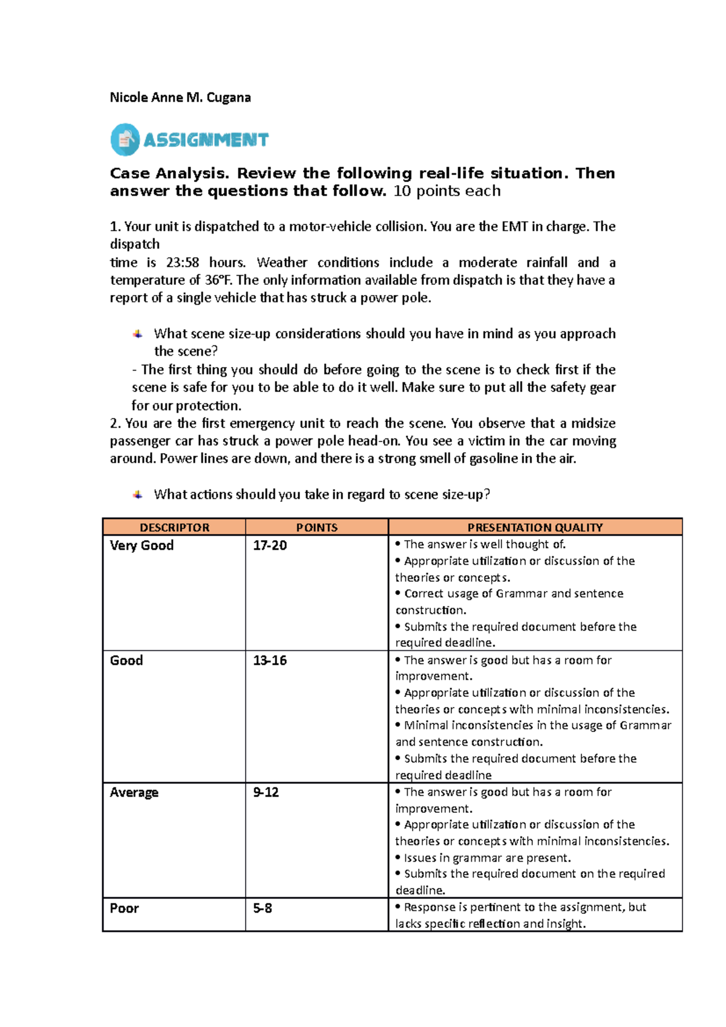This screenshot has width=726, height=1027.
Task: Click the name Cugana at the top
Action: [x=229, y=97]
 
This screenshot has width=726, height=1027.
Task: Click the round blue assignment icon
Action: [x=125, y=140]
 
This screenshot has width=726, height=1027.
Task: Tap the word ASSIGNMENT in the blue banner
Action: [x=206, y=140]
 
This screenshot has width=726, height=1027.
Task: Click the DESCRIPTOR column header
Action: [x=174, y=527]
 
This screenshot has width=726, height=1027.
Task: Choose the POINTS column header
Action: [x=316, y=527]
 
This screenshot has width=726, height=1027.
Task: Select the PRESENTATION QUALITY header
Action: [x=535, y=527]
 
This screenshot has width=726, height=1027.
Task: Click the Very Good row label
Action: [x=142, y=546]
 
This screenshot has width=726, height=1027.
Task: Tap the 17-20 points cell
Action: [x=270, y=546]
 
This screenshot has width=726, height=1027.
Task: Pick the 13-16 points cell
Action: [x=270, y=660]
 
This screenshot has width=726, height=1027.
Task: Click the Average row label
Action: [x=134, y=792]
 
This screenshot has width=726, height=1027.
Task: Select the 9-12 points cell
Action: [x=266, y=792]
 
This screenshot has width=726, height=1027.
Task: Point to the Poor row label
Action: [x=124, y=908]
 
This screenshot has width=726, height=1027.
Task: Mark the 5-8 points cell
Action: [x=262, y=908]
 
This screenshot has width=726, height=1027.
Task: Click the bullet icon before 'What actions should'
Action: [x=138, y=495]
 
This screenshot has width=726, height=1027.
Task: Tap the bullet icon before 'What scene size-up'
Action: [x=138, y=334]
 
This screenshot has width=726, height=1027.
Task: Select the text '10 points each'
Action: [x=447, y=191]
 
